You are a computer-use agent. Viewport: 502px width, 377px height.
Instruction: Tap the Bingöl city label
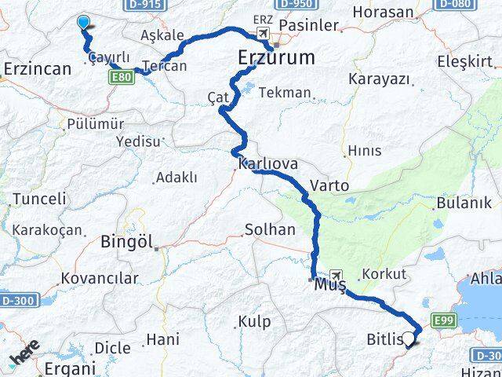click(125, 243)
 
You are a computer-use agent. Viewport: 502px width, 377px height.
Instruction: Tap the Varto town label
click(329, 186)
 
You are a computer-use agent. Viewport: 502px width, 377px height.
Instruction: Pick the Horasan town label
click(383, 12)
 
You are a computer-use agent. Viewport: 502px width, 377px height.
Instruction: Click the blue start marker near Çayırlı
click(84, 24)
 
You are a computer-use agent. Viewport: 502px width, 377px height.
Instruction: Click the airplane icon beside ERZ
click(261, 34)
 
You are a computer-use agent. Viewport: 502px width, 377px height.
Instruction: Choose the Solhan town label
click(270, 230)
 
